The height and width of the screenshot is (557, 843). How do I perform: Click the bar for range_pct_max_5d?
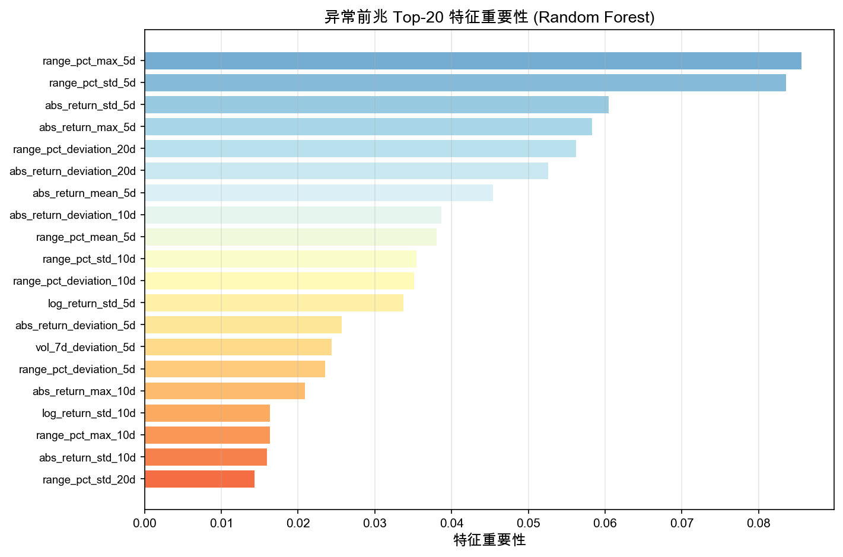click(473, 61)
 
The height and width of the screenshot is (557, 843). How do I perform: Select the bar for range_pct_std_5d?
click(465, 83)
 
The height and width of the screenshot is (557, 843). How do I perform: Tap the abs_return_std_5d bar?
click(377, 105)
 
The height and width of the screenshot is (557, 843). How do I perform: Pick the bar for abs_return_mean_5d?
click(319, 193)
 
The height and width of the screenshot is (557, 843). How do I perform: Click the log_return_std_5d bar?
click(274, 303)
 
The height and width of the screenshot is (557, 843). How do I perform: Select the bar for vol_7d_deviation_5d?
click(238, 347)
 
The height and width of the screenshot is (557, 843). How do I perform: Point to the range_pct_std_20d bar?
click(199, 479)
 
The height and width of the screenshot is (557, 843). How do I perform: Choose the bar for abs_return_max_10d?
click(225, 391)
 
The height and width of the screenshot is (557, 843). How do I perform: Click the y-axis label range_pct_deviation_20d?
click(74, 149)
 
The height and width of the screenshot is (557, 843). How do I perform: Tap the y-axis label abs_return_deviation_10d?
click(72, 215)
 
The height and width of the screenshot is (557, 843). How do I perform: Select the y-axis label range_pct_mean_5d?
click(86, 237)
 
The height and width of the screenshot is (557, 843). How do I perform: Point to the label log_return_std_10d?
click(89, 413)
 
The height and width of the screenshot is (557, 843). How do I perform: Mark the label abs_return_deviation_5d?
click(75, 325)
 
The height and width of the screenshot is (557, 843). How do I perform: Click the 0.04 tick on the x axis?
click(451, 524)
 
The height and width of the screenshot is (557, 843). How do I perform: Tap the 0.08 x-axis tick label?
click(758, 524)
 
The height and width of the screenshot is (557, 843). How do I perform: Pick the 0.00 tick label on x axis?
click(145, 524)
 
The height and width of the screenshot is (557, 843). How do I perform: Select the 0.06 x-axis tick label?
click(605, 524)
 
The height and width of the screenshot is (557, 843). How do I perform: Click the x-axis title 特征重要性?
click(489, 540)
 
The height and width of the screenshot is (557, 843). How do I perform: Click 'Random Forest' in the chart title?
click(594, 17)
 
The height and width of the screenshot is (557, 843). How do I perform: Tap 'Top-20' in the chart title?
click(417, 17)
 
